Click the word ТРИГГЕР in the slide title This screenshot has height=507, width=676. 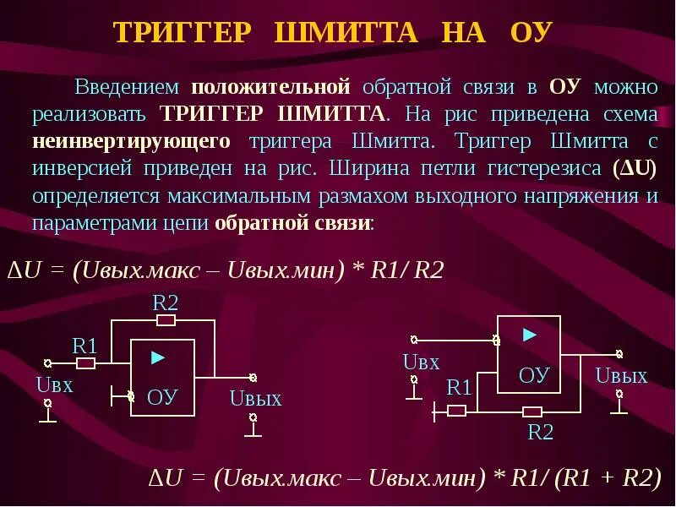183,33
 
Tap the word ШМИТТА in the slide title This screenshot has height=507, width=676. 346,33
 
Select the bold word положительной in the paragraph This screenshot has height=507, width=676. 270,87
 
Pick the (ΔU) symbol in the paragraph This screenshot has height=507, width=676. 636,167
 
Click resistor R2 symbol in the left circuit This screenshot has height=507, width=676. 166,320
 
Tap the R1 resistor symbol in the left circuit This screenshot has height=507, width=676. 85,363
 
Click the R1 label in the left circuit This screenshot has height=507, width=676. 84,346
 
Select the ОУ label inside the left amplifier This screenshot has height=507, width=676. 161,396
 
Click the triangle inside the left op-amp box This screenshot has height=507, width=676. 157,357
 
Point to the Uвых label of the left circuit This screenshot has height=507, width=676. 255,399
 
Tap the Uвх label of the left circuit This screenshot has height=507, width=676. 55,385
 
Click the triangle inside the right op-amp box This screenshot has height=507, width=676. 530,335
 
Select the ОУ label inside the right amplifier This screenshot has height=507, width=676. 534,374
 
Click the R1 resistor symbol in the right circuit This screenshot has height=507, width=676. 457,411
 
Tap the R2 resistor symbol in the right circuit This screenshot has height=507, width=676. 532,412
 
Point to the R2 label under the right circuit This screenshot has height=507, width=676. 540,433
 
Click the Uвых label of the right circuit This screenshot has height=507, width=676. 621,376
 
